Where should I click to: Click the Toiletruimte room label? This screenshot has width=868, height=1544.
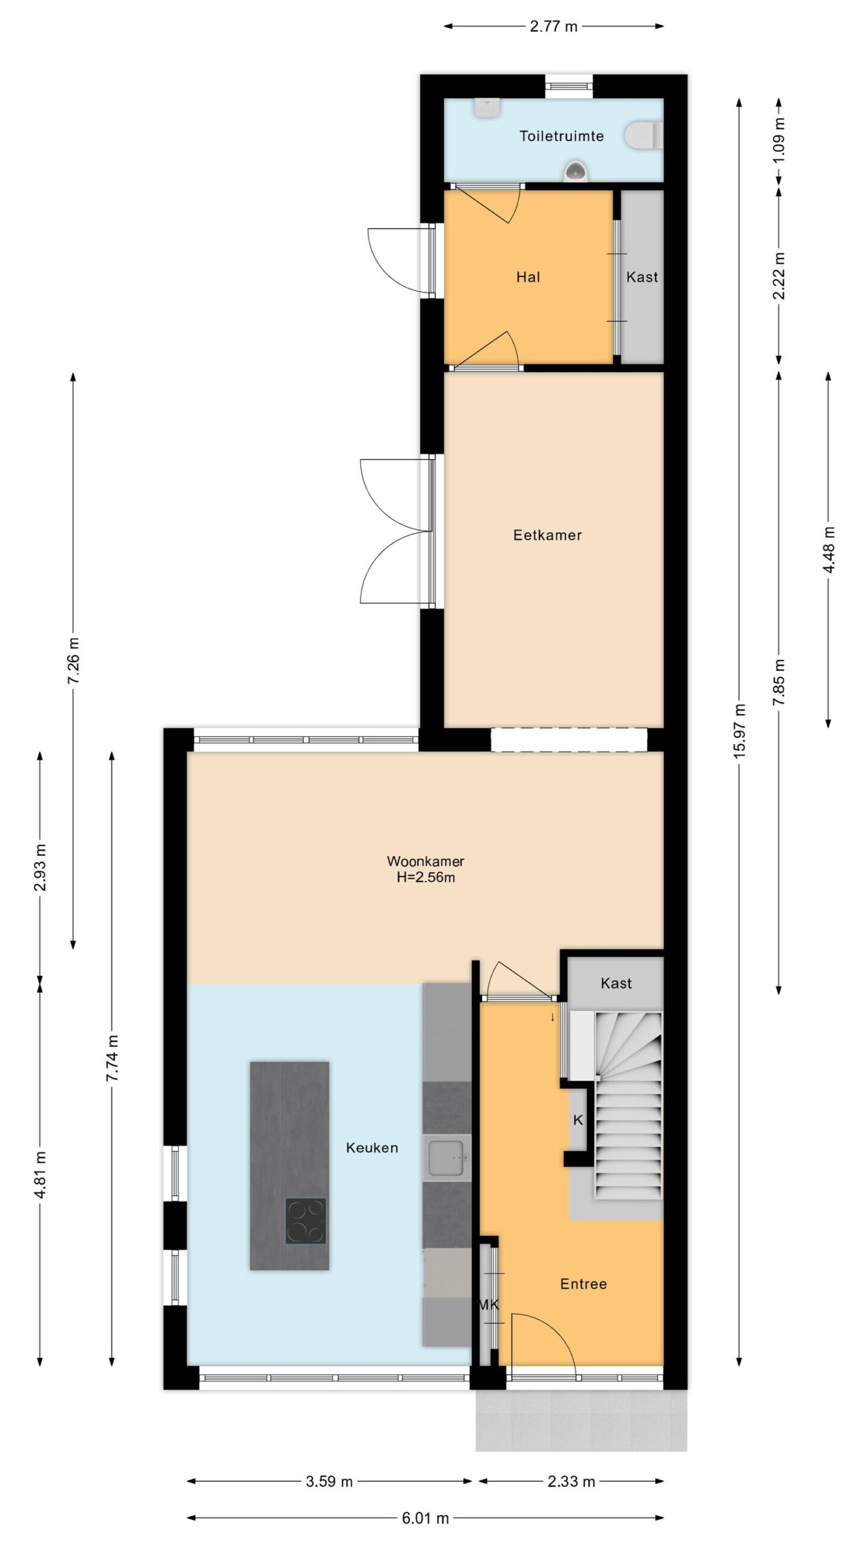(561, 136)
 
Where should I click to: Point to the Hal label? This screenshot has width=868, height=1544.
(528, 277)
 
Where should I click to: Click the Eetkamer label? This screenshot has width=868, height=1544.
(547, 535)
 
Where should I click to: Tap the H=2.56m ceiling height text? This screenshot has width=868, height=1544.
(426, 878)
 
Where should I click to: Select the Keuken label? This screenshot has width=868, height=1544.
(372, 1148)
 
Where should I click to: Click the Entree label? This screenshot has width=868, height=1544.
(583, 1284)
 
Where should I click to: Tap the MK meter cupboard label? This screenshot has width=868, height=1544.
(489, 1305)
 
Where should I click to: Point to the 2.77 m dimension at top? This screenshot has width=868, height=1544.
(553, 27)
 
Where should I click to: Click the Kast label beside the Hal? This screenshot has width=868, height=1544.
(642, 277)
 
